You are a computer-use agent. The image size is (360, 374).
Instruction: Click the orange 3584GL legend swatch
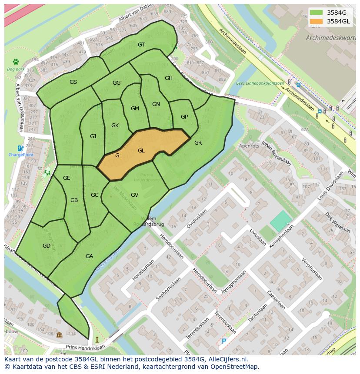click(x=317, y=21)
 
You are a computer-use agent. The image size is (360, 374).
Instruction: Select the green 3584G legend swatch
click(x=317, y=13)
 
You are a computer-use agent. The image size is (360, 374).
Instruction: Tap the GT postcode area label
click(x=141, y=45)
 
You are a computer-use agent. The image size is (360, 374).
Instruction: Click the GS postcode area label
click(x=73, y=82)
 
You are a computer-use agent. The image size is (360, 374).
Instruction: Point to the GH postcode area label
click(x=169, y=78)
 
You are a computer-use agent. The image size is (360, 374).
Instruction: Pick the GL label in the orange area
click(x=141, y=151)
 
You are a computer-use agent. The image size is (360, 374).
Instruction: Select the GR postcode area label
click(x=198, y=143)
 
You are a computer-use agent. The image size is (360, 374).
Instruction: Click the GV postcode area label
click(x=134, y=195)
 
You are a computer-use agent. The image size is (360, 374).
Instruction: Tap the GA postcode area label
click(x=89, y=256)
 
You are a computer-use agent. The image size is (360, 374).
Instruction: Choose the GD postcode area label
click(x=47, y=246)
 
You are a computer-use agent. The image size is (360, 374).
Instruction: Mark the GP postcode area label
click(x=184, y=117)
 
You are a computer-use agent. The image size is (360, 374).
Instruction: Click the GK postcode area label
click(x=115, y=126)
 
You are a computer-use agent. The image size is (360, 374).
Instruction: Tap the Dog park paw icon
click(x=16, y=62)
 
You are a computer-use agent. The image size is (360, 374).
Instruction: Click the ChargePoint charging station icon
click(x=20, y=149)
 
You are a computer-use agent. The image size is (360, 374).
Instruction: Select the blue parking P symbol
click(x=224, y=341)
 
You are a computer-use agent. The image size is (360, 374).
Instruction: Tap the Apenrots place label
click(x=249, y=146)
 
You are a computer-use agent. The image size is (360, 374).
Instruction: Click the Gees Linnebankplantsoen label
click(x=260, y=83)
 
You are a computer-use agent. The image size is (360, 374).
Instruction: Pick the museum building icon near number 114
click(x=59, y=334)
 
